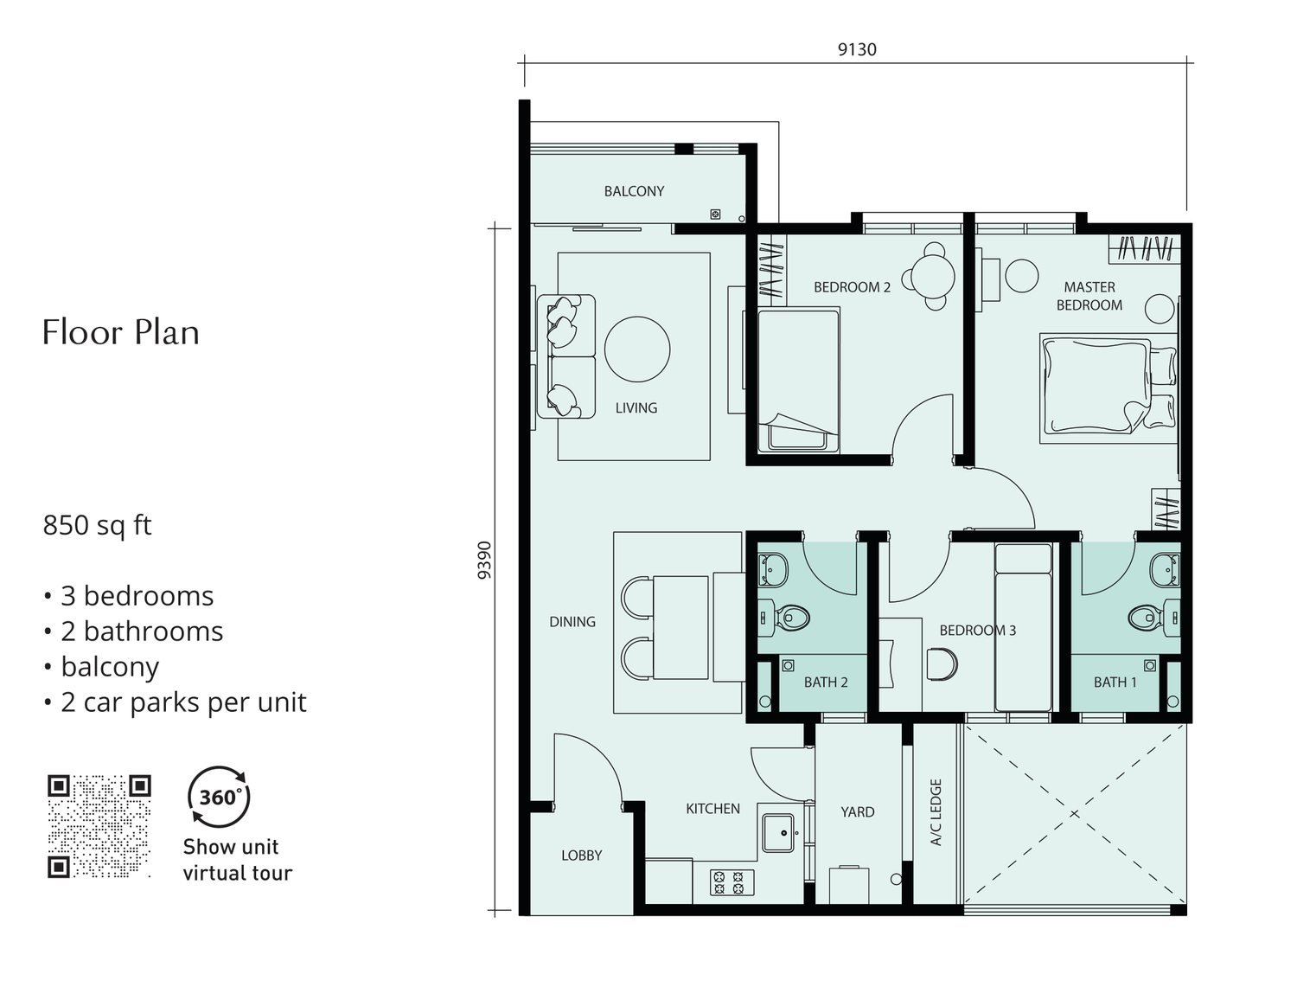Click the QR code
coord(99,826)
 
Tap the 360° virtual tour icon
coord(219,797)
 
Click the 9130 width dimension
coord(857,49)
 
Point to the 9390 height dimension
coord(484,560)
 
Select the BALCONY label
coord(634,191)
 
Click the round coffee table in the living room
coord(637,349)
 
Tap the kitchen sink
coord(778,833)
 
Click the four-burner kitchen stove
coord(732,882)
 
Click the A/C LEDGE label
coord(936,812)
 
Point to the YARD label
coord(858,811)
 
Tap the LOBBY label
coord(581,856)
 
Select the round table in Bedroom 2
coord(932,276)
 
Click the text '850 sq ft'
coord(97,525)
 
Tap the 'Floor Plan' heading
coord(120,332)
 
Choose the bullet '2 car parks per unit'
coord(176,702)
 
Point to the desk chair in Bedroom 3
coord(942,664)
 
